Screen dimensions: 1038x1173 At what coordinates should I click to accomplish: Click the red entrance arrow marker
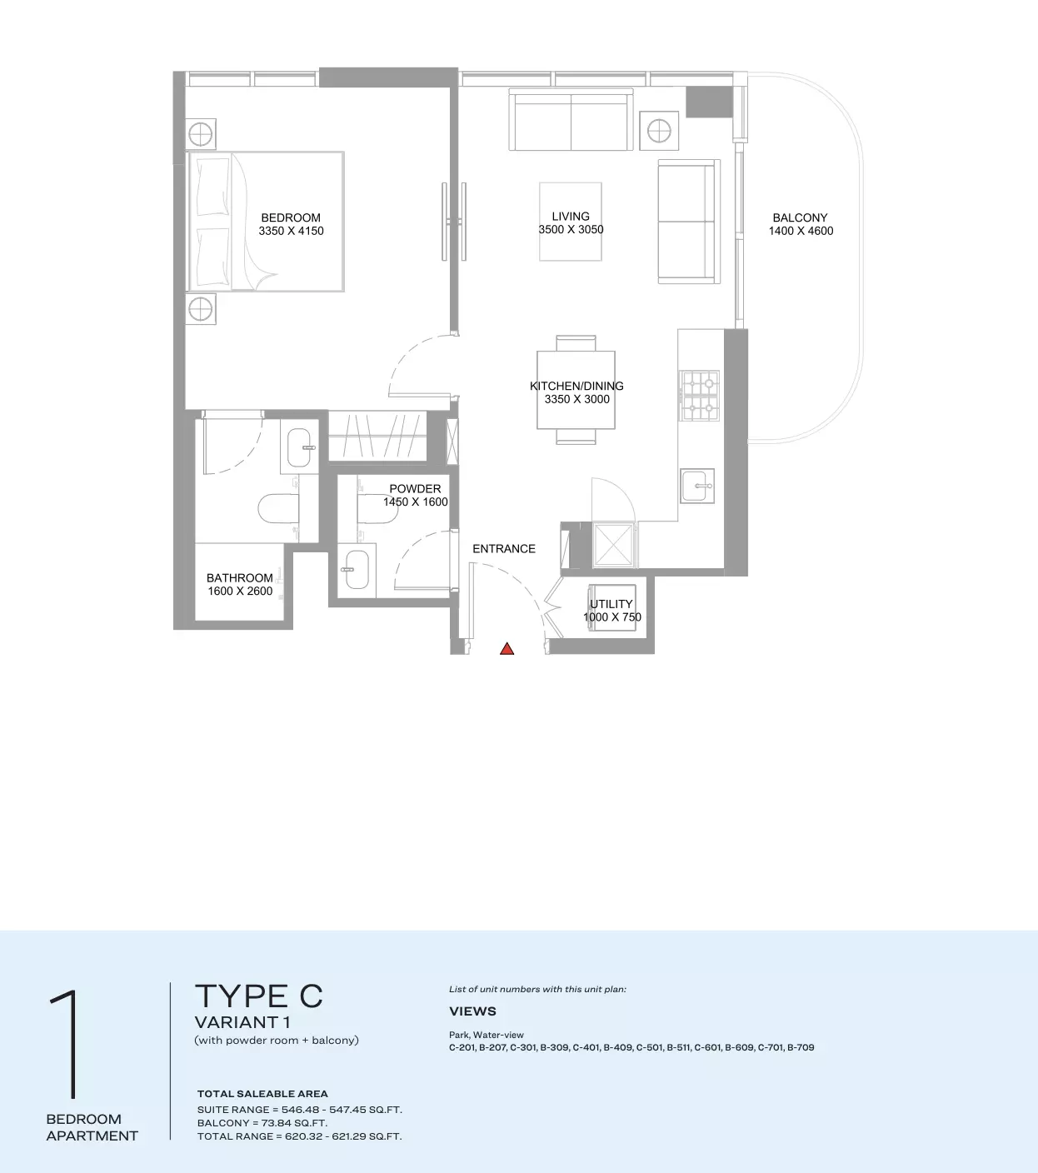point(507,649)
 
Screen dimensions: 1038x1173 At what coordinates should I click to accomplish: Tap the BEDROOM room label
point(291,217)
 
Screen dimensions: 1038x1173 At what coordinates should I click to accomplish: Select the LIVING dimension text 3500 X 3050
point(571,229)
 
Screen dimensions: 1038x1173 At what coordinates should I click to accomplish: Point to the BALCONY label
point(800,217)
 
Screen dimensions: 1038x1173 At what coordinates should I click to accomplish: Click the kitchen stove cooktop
point(699,396)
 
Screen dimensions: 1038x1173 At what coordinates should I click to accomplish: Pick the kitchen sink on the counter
point(697,486)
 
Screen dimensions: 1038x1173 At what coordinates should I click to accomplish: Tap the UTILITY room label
point(611,604)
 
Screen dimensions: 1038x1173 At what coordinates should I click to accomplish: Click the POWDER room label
point(415,489)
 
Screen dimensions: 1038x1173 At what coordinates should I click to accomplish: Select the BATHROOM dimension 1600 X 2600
point(240,591)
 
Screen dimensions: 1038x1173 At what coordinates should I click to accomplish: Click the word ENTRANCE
point(504,548)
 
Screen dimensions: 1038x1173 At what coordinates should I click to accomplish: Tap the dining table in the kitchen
point(576,390)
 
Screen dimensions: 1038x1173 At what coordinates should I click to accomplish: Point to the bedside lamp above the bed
point(200,134)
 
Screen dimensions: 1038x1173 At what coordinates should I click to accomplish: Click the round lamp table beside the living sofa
point(659,131)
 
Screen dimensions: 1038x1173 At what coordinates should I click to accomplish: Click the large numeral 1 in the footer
point(66,1043)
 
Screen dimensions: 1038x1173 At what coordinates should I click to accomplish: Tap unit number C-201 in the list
point(462,1047)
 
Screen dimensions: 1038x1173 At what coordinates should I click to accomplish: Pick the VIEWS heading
point(472,1011)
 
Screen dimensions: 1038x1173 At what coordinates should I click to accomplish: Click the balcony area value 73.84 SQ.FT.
point(294,1123)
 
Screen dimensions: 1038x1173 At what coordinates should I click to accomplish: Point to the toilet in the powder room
point(377,508)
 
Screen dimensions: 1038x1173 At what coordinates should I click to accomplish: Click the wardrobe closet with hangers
point(377,436)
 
